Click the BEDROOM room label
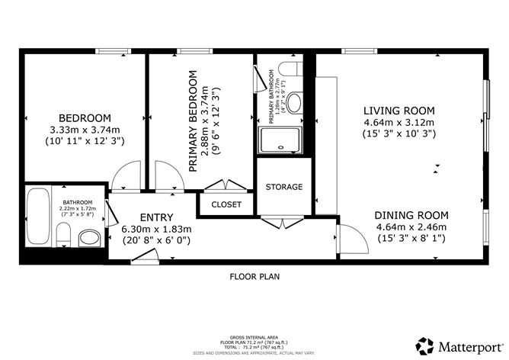[x=85, y=118]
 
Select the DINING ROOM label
[x=411, y=215]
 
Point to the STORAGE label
[x=284, y=187]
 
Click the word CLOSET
[x=226, y=204]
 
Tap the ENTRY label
[x=156, y=217]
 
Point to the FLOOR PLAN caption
[x=254, y=277]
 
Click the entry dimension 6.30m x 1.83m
[x=156, y=229]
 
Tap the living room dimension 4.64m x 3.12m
[x=398, y=122]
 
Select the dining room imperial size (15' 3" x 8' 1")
[x=411, y=238]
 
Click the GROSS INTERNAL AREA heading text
[x=254, y=336]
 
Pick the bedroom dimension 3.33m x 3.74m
[x=85, y=130]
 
